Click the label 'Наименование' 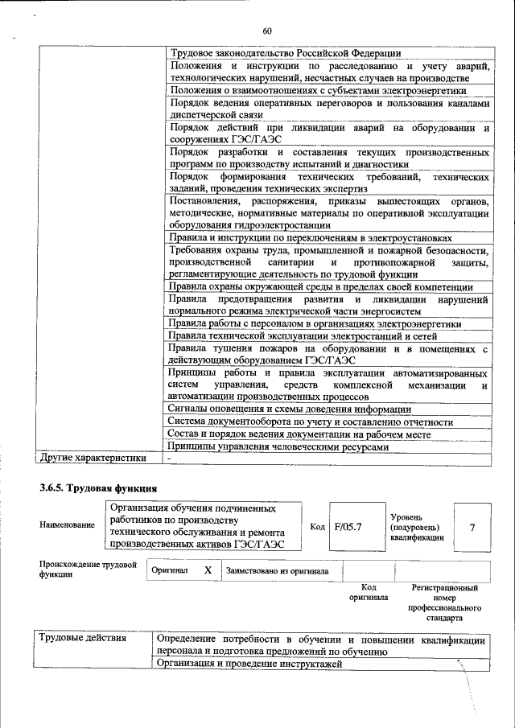tap(67, 525)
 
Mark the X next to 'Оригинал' tap(208, 570)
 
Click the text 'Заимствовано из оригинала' tap(278, 570)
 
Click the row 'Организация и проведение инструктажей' tap(249, 664)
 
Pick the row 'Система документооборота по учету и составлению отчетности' tap(310, 421)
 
